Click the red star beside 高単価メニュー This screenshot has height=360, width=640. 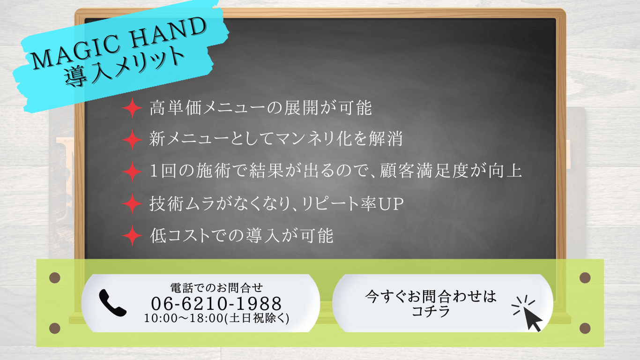tap(132, 109)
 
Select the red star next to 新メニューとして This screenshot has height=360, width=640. tap(132, 140)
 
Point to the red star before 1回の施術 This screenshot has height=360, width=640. tap(132, 171)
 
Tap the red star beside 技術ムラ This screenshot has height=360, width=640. tap(132, 204)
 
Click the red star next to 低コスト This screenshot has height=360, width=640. tap(132, 236)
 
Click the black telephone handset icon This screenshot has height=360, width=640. tap(112, 303)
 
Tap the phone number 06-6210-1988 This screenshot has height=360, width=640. tap(216, 303)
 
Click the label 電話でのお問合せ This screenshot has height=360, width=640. tap(216, 287)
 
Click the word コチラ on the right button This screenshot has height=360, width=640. tap(431, 311)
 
